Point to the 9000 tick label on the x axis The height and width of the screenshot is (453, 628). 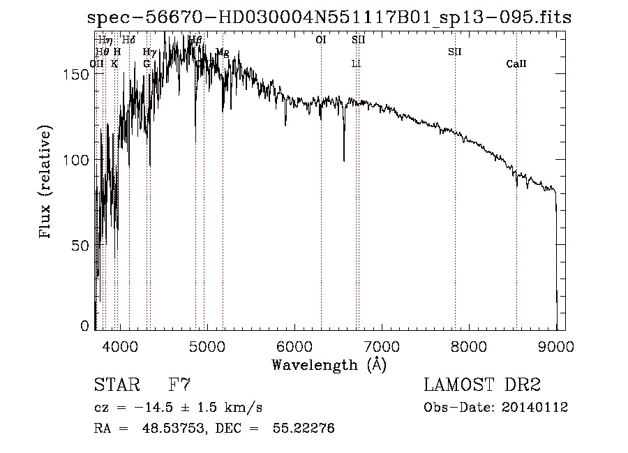pyautogui.click(x=556, y=346)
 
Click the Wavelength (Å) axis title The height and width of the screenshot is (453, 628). pyautogui.click(x=329, y=364)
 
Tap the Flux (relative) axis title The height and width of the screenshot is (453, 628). pyautogui.click(x=46, y=183)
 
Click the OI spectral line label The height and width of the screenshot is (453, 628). pyautogui.click(x=321, y=40)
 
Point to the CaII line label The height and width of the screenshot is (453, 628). pyautogui.click(x=516, y=64)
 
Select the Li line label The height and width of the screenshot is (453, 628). pyautogui.click(x=356, y=64)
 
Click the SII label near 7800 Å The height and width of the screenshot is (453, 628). pyautogui.click(x=455, y=52)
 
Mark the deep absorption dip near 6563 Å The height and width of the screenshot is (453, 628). pyautogui.click(x=343, y=159)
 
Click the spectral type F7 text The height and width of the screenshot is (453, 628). pyautogui.click(x=181, y=385)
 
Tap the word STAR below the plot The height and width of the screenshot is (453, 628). pyautogui.click(x=117, y=385)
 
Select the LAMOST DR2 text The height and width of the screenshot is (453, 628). pyautogui.click(x=481, y=385)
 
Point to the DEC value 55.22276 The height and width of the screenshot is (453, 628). pyautogui.click(x=306, y=429)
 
